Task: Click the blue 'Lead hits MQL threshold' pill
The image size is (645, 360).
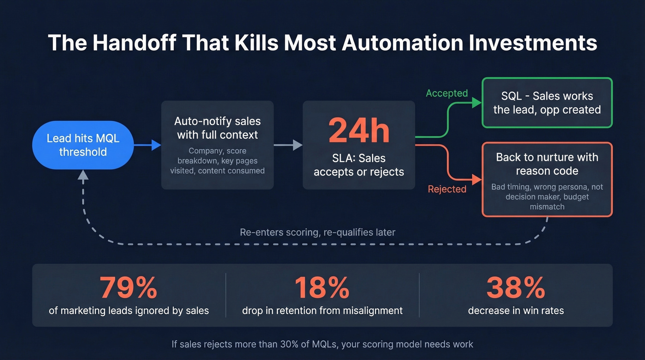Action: (83, 145)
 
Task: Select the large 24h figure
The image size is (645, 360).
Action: (359, 131)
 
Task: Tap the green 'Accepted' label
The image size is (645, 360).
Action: (446, 94)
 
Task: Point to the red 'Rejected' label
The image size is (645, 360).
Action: (447, 189)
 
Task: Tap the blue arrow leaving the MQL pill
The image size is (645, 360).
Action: (147, 145)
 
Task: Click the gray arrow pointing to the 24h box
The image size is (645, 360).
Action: (288, 145)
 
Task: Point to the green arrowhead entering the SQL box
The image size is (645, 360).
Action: (477, 103)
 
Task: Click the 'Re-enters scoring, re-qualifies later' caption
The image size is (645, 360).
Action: (317, 232)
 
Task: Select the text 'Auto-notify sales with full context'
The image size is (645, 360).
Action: (217, 128)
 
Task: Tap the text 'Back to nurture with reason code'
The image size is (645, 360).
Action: (547, 164)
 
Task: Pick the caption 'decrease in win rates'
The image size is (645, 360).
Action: (516, 311)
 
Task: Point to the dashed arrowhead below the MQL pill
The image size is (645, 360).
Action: (83, 174)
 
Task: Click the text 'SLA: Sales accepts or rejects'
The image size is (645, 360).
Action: (359, 165)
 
